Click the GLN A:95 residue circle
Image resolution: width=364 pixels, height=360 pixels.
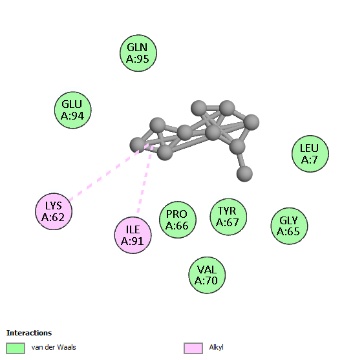(138, 53)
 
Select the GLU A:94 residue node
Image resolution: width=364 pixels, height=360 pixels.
(73, 110)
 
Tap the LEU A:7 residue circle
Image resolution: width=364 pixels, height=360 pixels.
(310, 154)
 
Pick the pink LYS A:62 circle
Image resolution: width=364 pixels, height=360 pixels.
(54, 211)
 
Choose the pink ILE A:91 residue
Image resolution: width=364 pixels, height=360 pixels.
(133, 235)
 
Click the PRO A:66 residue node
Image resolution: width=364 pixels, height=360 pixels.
(178, 220)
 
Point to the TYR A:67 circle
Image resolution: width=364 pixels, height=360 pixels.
(228, 217)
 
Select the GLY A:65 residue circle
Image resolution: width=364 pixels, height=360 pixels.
(289, 226)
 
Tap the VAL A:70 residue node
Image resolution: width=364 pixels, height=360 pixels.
(207, 275)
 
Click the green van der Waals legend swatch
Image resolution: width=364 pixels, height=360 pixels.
(16, 348)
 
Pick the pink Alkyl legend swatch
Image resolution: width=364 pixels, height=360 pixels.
(193, 348)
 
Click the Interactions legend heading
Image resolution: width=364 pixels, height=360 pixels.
(29, 333)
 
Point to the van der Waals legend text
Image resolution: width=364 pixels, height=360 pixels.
(54, 347)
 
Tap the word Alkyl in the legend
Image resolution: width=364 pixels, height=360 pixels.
(216, 347)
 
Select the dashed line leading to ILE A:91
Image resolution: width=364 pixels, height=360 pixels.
(145, 179)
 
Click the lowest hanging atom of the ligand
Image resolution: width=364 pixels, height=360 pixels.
(244, 174)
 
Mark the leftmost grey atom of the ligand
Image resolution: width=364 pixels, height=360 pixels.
(138, 145)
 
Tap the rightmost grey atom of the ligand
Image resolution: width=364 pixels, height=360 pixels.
(252, 122)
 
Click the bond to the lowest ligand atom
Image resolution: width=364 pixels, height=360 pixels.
(241, 160)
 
